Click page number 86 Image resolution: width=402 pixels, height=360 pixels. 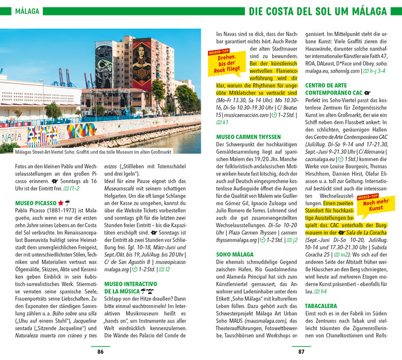tap(100, 352)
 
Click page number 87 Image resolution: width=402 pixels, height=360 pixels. tap(302, 352)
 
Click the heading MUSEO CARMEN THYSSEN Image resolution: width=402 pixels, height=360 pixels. tap(249, 137)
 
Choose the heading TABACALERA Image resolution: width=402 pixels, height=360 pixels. tap(321, 306)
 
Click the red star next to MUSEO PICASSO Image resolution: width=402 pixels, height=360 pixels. tap(61, 189)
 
